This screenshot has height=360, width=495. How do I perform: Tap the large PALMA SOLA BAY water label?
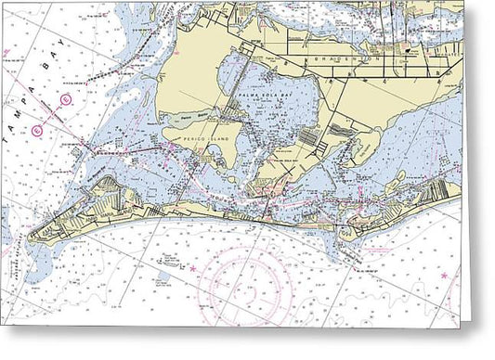click(267, 96)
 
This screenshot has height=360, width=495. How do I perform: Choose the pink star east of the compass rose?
click(444, 276)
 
